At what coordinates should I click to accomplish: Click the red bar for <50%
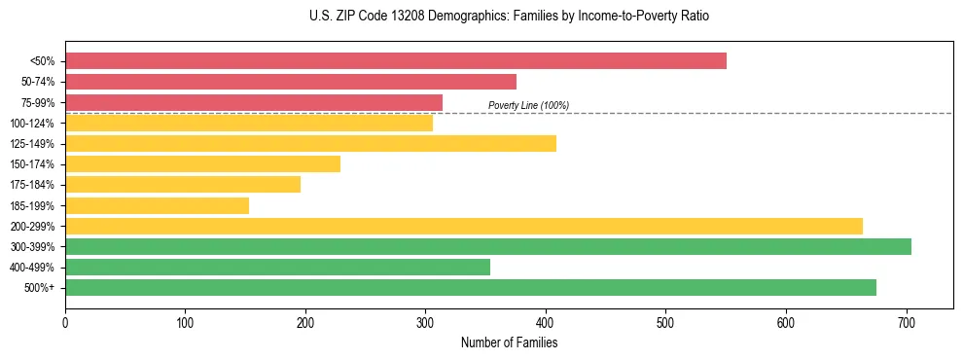396,61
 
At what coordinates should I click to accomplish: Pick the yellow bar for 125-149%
310,144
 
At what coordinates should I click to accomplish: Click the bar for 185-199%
157,205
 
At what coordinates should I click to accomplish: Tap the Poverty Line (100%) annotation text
528,105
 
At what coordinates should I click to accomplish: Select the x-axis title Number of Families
509,342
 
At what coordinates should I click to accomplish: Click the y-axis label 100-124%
32,124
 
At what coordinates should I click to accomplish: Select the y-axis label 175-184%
32,185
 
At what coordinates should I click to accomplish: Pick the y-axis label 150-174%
32,164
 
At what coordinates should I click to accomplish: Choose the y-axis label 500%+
40,288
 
